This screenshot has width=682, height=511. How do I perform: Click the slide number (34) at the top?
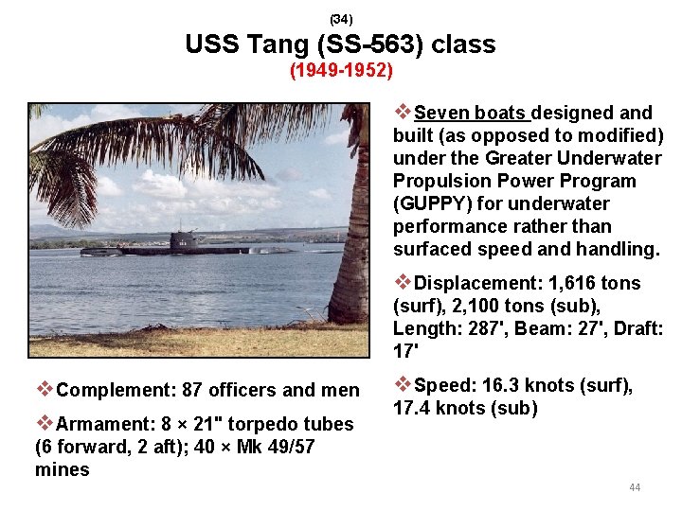341,19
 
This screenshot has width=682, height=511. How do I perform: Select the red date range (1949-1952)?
341,71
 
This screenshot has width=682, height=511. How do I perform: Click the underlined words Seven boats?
471,114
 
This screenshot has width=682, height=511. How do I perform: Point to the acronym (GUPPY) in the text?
429,204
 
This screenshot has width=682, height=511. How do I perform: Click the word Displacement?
474,284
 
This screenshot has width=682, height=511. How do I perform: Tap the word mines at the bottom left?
62,469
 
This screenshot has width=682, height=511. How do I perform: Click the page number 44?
635,487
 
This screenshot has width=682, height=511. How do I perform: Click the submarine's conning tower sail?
185,239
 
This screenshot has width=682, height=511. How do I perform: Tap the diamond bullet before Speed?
402,385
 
